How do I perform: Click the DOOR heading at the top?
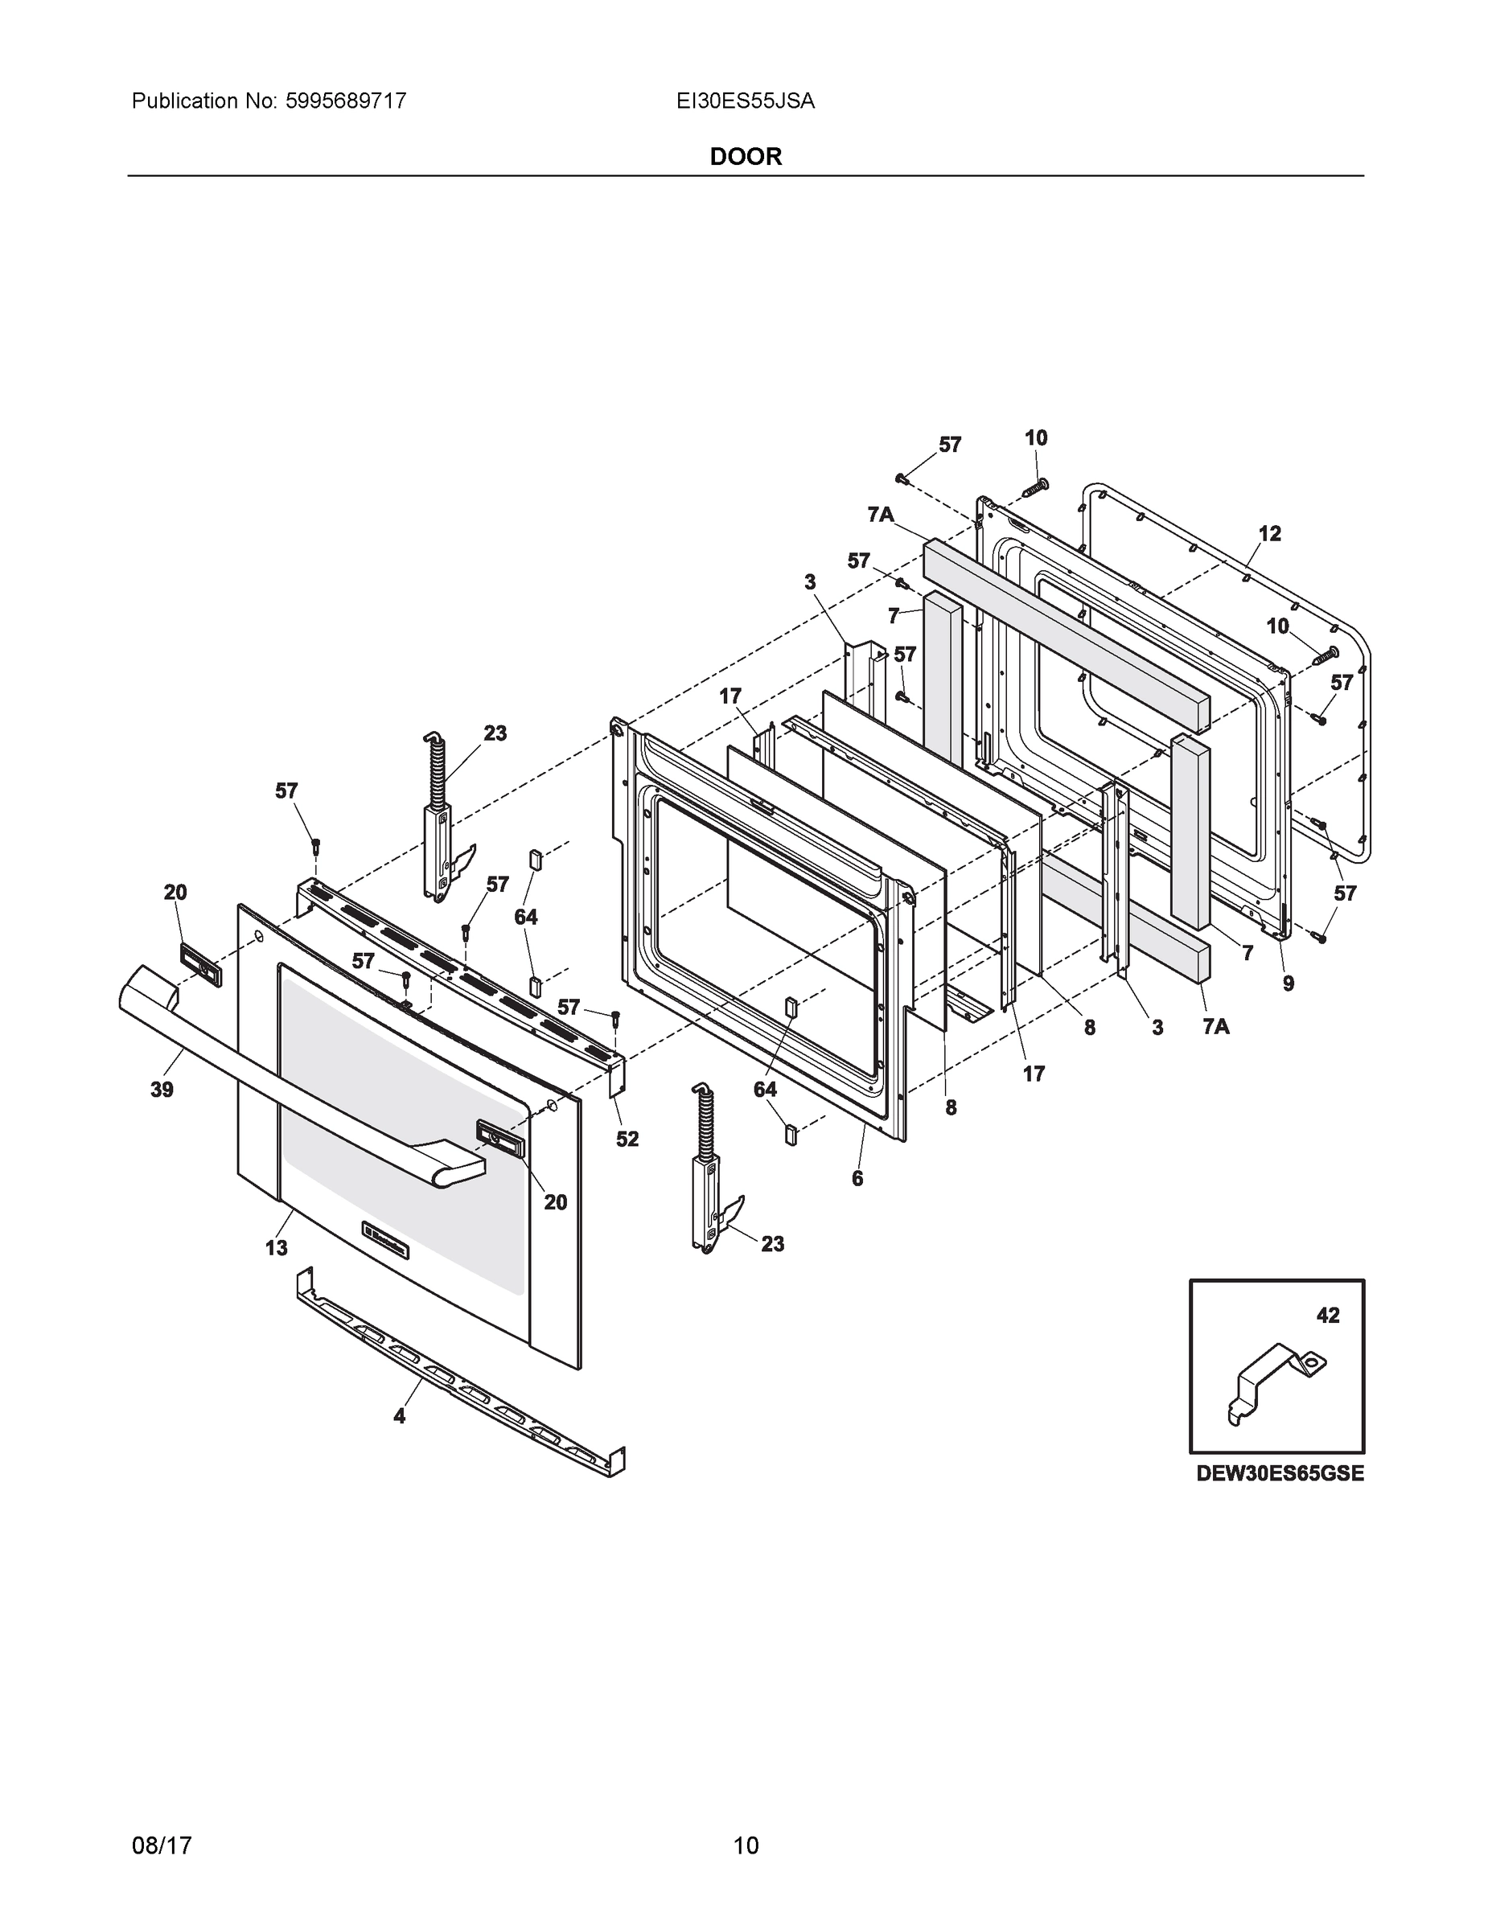tap(745, 157)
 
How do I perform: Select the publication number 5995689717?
tap(346, 101)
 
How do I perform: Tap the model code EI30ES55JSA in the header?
tap(745, 101)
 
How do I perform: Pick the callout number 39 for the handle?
tap(162, 1090)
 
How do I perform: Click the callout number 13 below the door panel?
tap(277, 1248)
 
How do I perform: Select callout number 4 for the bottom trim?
tap(400, 1415)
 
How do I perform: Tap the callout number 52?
tap(627, 1139)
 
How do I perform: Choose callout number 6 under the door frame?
tap(857, 1178)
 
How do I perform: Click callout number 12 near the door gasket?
tap(1269, 534)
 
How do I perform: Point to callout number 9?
tap(1288, 983)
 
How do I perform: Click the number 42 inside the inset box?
tap(1328, 1341)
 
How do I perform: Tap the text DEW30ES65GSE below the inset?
tap(1280, 1474)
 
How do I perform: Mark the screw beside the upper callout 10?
tap(1035, 485)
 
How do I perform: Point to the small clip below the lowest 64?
tap(791, 1134)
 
